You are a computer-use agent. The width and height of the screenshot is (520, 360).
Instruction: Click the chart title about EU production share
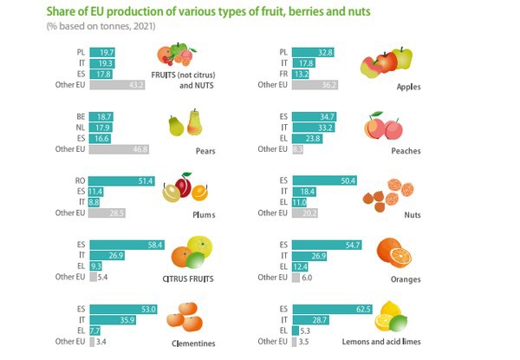pyautogui.click(x=184, y=12)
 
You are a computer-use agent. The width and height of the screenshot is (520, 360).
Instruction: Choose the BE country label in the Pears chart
pyautogui.click(x=80, y=116)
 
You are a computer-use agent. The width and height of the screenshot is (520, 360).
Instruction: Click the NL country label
pyautogui.click(x=80, y=127)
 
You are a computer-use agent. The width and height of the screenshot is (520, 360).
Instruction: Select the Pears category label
pyautogui.click(x=205, y=150)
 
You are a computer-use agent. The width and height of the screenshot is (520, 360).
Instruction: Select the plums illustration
pyautogui.click(x=185, y=187)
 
